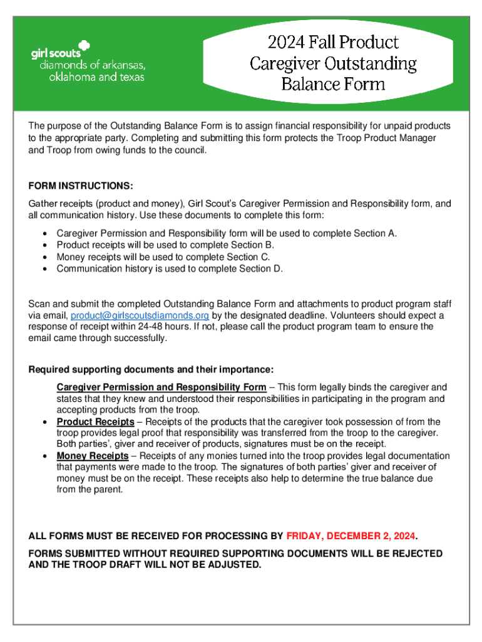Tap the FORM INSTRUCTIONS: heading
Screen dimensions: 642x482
tap(81, 187)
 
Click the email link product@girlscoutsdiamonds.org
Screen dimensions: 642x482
tap(140, 315)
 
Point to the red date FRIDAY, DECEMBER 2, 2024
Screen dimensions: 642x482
tap(351, 536)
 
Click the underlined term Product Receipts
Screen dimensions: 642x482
tap(95, 422)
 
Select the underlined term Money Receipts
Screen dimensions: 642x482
tap(93, 456)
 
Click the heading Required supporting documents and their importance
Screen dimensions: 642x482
tap(151, 369)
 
